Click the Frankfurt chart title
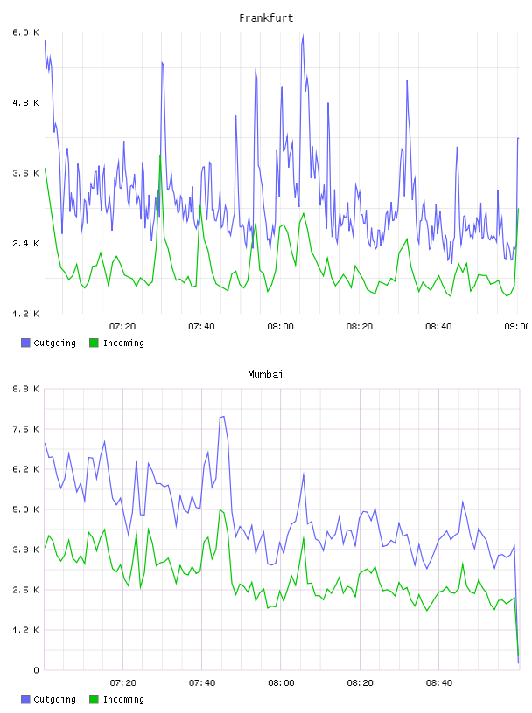pyautogui.click(x=266, y=18)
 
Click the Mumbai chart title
pyautogui.click(x=265, y=375)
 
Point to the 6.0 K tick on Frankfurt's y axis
pyautogui.click(x=26, y=32)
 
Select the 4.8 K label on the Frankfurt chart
pyautogui.click(x=26, y=103)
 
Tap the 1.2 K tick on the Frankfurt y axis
pyautogui.click(x=26, y=314)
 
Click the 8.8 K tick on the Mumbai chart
pyautogui.click(x=26, y=389)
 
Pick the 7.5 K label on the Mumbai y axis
pyautogui.click(x=26, y=429)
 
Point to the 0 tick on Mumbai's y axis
pyautogui.click(x=37, y=670)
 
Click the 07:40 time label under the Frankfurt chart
pyautogui.click(x=201, y=327)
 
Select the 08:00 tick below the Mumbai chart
pyautogui.click(x=281, y=683)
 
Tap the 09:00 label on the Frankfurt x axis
pyautogui.click(x=517, y=327)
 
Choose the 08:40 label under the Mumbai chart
pyautogui.click(x=439, y=683)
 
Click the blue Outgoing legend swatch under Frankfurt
pyautogui.click(x=25, y=343)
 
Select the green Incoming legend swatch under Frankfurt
pyautogui.click(x=94, y=343)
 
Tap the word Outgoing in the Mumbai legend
pyautogui.click(x=54, y=699)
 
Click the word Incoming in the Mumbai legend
pyautogui.click(x=123, y=699)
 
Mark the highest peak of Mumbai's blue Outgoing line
pyautogui.click(x=223, y=417)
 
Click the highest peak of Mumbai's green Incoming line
pyautogui.click(x=220, y=509)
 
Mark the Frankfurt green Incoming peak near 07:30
pyautogui.click(x=160, y=155)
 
